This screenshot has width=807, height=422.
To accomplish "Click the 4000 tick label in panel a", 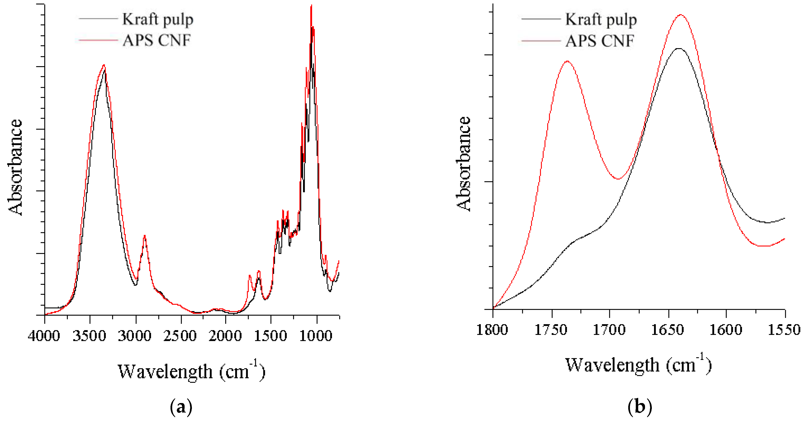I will click(44, 336).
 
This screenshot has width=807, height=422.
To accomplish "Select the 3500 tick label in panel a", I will click(89, 336).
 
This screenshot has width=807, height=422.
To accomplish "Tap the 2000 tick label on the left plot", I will click(225, 336).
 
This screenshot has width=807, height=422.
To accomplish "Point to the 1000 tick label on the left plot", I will click(315, 336).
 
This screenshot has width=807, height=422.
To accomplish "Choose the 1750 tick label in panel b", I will click(551, 330).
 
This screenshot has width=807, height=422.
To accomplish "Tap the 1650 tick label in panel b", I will click(668, 330).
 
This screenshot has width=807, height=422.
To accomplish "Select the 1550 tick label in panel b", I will click(784, 330).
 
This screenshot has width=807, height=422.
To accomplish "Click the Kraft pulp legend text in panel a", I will click(158, 19).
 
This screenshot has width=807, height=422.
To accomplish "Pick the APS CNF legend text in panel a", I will click(157, 40).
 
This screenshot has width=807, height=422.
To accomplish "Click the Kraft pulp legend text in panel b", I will click(601, 19).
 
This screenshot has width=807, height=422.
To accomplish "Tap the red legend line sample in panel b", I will click(541, 41).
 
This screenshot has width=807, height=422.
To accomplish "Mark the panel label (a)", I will click(181, 407).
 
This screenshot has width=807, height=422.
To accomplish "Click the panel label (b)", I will click(640, 407).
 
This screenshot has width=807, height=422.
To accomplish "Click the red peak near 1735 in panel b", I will click(567, 61).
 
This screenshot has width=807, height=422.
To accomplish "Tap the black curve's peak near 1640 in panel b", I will click(679, 49).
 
